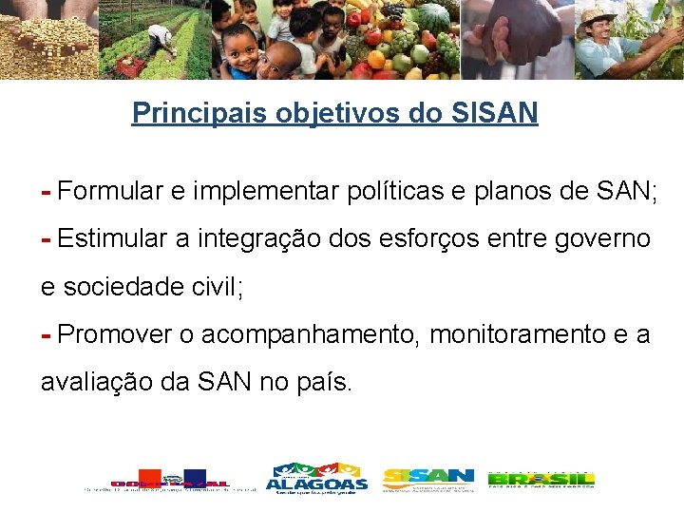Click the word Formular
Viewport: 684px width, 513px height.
tap(110, 191)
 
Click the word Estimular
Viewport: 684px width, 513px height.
tap(113, 238)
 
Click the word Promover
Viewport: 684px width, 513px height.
tap(114, 334)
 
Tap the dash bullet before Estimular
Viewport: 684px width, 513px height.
tap(46, 238)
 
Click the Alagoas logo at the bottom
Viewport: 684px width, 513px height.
tap(316, 479)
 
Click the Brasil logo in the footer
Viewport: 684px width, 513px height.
tap(541, 479)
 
